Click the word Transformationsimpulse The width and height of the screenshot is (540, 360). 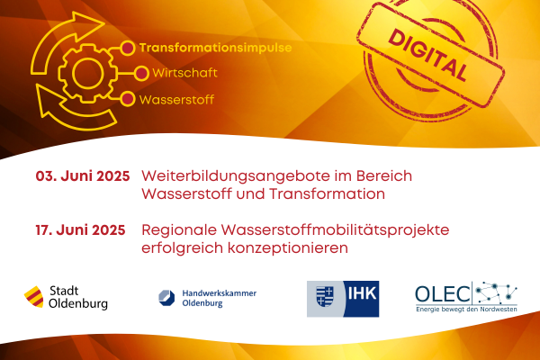point(215,48)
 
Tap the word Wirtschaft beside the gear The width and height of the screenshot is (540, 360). point(184,73)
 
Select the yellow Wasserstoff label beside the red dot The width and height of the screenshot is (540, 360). point(176,100)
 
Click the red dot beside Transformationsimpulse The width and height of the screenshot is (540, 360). point(128,48)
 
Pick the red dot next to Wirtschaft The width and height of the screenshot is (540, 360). point(141,74)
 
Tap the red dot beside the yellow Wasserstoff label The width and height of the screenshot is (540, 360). point(128,99)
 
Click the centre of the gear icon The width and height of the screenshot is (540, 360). point(88,73)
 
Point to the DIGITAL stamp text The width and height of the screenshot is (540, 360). point(429,56)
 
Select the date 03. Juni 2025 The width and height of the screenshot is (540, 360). point(83,176)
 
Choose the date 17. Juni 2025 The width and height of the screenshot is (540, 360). point(81,230)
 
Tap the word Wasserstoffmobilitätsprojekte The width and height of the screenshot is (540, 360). point(335,230)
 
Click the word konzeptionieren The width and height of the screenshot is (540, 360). point(288,248)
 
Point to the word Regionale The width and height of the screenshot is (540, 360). point(179,230)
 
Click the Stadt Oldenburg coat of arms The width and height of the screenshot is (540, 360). point(34,297)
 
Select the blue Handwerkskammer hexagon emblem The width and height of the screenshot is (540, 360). point(166,298)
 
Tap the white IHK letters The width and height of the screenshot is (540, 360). point(362,294)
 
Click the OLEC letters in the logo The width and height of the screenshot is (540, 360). point(443,294)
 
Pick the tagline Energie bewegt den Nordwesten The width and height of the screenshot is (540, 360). point(466,310)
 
